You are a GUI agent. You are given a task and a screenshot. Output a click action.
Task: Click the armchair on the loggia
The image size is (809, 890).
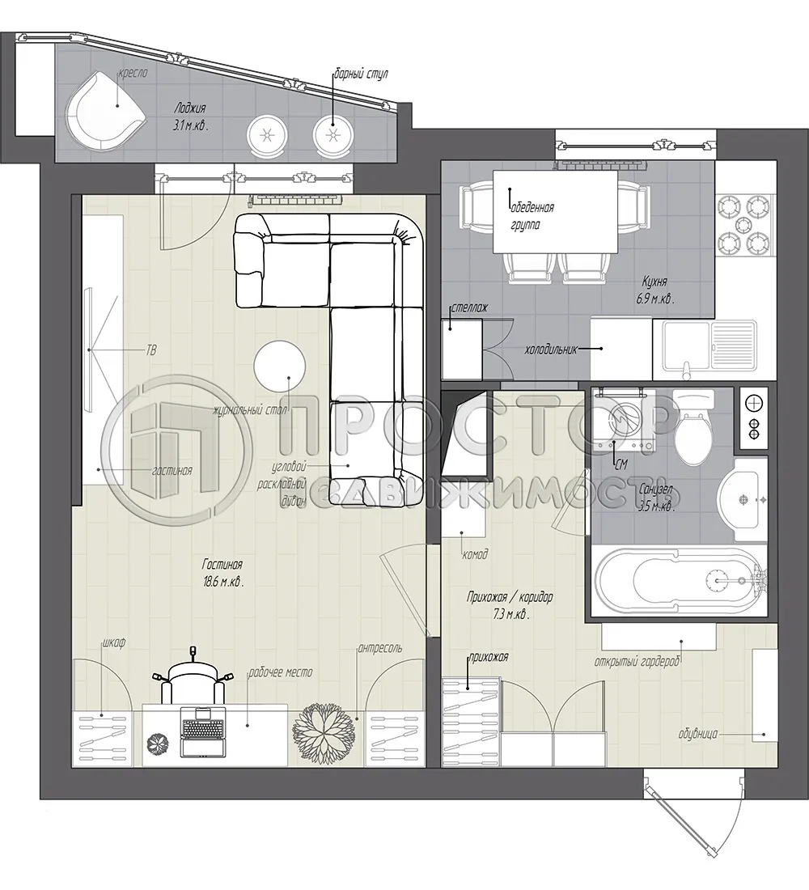point(104,111)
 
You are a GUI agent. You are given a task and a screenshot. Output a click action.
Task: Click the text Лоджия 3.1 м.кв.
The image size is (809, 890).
point(189,117)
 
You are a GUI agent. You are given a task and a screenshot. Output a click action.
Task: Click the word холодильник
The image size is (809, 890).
point(551,350)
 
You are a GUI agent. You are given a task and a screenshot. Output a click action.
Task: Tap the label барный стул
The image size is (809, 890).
point(362,74)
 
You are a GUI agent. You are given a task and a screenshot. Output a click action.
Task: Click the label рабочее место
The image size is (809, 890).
point(280,672)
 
